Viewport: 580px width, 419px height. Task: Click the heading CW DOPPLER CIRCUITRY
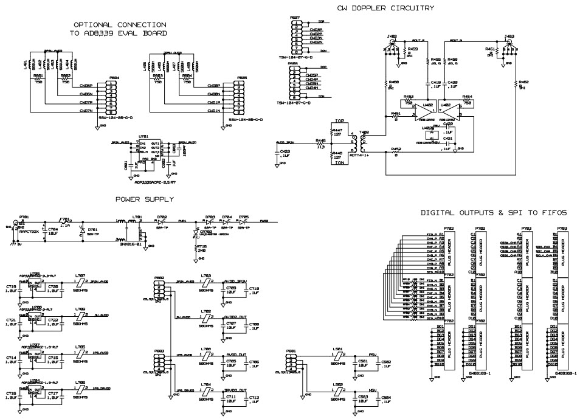[385, 8]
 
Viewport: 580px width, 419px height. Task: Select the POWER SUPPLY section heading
[145, 199]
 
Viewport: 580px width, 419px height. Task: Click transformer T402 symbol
[364, 145]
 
